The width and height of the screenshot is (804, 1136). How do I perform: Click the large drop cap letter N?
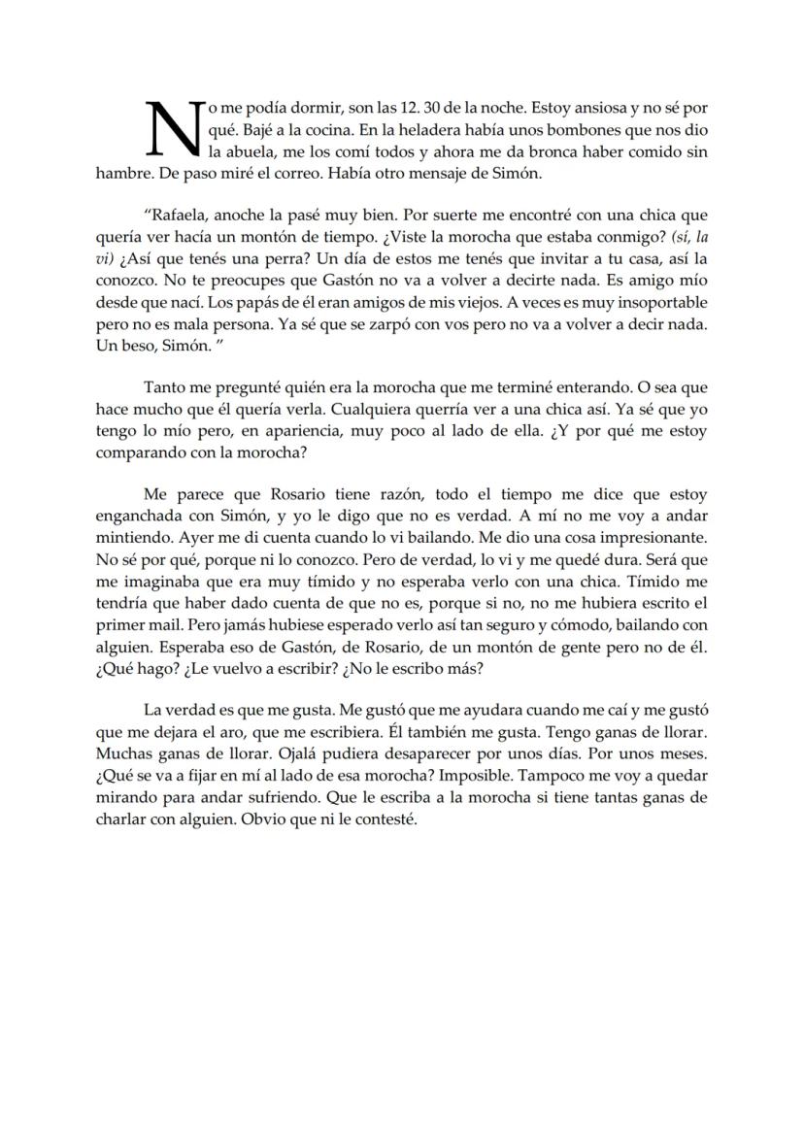[172, 129]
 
